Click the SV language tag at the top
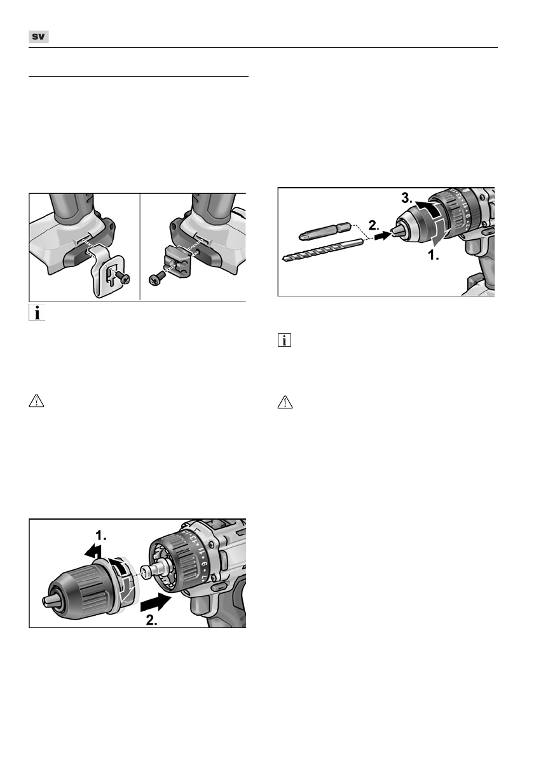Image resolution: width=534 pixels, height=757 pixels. (x=39, y=37)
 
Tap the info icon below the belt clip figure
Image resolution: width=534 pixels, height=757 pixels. (x=37, y=313)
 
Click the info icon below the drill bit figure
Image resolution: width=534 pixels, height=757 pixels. (x=285, y=340)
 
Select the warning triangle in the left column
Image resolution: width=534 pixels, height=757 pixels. (x=37, y=401)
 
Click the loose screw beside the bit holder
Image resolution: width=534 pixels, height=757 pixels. (x=156, y=279)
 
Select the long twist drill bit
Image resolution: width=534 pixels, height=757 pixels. (x=324, y=250)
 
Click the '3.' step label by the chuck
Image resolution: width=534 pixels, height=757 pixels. (x=407, y=197)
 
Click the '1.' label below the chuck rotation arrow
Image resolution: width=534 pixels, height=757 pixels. (x=433, y=256)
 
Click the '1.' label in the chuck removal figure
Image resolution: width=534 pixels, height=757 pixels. (x=101, y=536)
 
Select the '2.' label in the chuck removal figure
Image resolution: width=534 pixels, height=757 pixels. (x=152, y=620)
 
